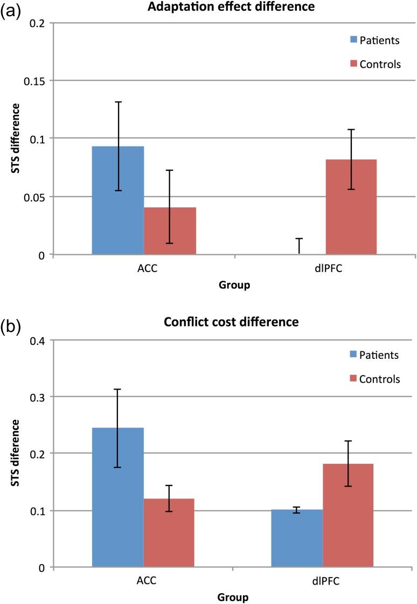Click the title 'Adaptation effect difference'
pos(234,8)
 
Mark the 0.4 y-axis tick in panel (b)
pos(40,340)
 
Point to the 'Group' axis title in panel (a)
pos(234,286)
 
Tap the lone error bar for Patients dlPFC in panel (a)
pos(299,246)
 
